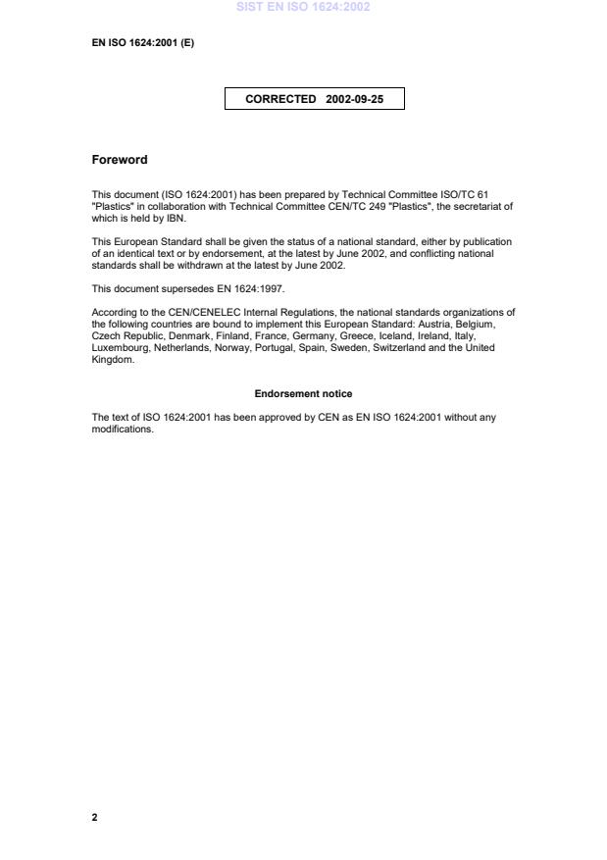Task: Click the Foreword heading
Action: (120, 160)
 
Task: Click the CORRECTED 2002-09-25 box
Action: (314, 99)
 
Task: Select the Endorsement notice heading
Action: (303, 393)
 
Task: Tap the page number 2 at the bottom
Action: (95, 817)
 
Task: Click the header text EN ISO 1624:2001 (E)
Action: (143, 42)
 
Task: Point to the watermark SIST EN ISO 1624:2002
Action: (303, 7)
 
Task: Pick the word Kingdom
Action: (112, 360)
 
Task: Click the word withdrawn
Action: (204, 266)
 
